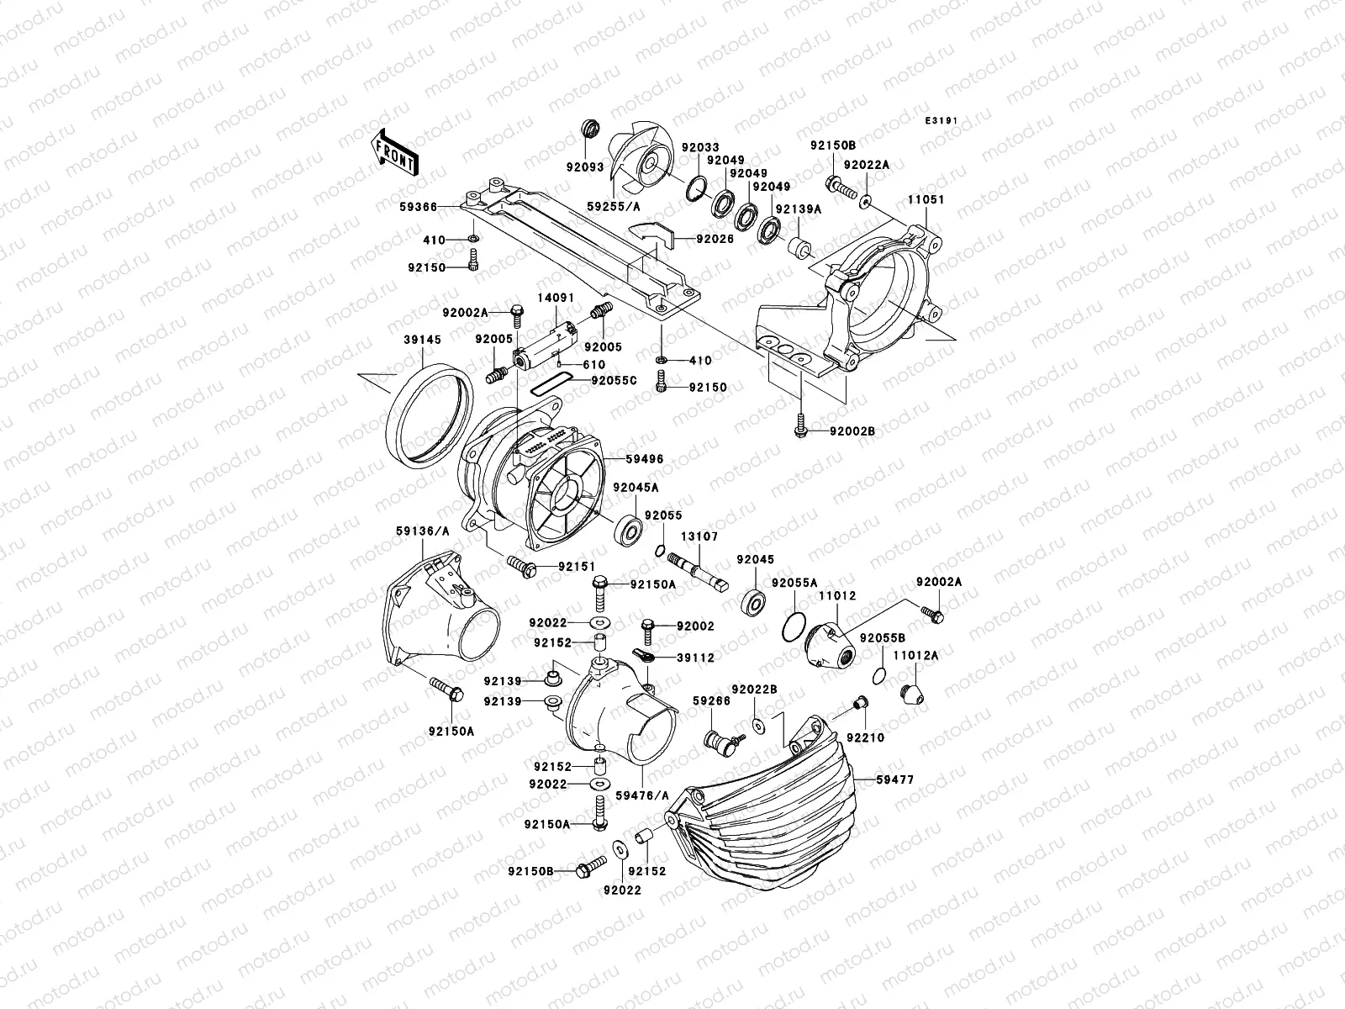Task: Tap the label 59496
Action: [x=644, y=459]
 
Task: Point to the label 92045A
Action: [x=635, y=487]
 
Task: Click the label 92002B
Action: [x=852, y=431]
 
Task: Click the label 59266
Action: [x=710, y=699]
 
